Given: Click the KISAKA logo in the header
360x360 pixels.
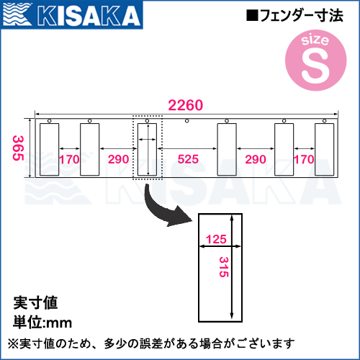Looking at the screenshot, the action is coord(71,14).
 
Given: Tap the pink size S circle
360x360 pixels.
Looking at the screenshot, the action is coord(316,60).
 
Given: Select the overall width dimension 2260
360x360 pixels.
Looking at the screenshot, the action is coord(186,105).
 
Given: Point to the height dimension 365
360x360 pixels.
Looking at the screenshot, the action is coord(18,148).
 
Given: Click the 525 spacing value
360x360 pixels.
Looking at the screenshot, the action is coord(188,159).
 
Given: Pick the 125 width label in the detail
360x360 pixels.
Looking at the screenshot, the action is coord(216,239).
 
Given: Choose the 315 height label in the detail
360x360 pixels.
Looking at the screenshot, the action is coord(224,267).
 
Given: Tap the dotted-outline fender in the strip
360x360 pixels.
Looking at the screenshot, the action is coord(148,149).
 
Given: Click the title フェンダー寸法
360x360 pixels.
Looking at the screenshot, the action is coord(302,16).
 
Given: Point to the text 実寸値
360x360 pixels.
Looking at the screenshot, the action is coord(35,302).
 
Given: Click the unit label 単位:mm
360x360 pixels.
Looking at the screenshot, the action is coord(42,322).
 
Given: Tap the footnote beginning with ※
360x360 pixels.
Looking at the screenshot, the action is coord(151,343).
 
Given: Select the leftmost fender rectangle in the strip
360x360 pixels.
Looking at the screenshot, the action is coord(50,149).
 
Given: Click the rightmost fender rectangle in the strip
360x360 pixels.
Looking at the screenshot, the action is coord(325,149).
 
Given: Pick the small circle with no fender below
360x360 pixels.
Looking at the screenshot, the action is coord(187,121).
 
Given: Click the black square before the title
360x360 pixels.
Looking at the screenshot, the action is coord(252,15).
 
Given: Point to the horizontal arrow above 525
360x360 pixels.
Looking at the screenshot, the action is coord(187,148).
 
